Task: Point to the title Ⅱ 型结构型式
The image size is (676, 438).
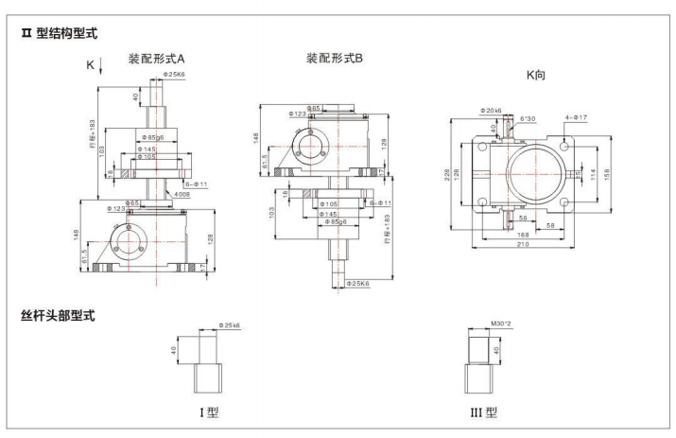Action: (61, 33)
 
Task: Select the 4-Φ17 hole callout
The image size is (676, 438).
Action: (577, 118)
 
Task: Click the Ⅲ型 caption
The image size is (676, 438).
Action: (484, 412)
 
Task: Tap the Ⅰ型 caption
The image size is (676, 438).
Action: (208, 412)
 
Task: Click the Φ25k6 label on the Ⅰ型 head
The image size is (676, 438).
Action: (229, 325)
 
